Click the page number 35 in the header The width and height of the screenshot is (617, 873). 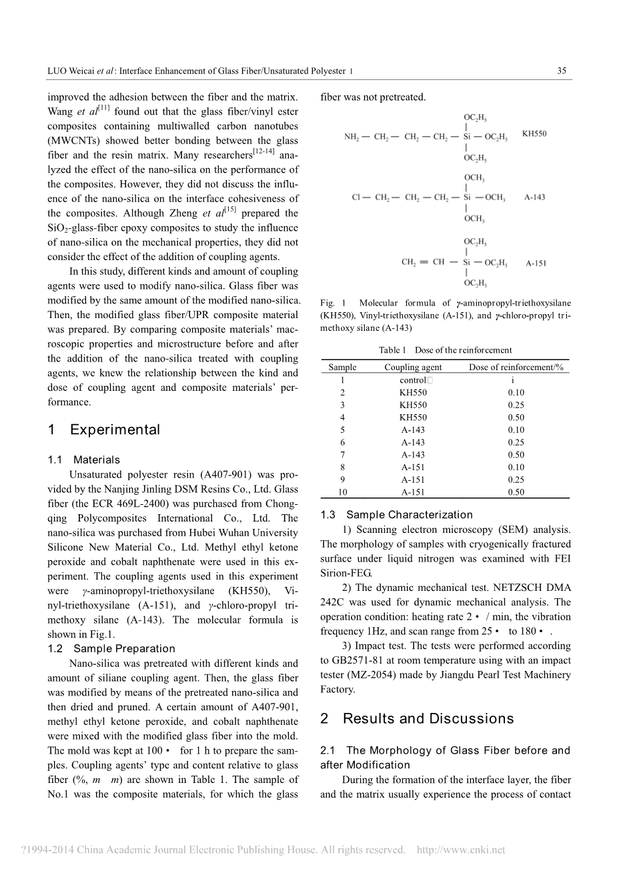tap(562, 71)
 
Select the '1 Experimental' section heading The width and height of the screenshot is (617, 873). tap(104, 430)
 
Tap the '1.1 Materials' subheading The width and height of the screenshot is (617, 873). tap(84, 460)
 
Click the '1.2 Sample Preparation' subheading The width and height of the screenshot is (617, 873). tap(111, 648)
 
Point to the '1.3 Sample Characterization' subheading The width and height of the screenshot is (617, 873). tap(396, 514)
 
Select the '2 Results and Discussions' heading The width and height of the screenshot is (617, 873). tap(417, 718)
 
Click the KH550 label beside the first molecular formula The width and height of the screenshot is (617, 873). tap(534, 133)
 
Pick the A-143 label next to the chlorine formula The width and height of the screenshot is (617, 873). tap(534, 197)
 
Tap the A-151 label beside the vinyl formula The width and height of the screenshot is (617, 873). tap(536, 263)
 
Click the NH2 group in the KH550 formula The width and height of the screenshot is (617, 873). tap(352, 137)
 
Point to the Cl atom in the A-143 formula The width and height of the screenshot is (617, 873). tap(356, 197)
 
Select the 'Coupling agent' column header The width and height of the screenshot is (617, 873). tap(413, 367)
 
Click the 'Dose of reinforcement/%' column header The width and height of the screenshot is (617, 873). tap(516, 367)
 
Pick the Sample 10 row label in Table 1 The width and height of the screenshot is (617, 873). tap(342, 492)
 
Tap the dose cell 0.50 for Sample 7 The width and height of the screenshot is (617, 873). tap(516, 455)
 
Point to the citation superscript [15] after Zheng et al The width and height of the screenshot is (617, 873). tap(230, 209)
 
